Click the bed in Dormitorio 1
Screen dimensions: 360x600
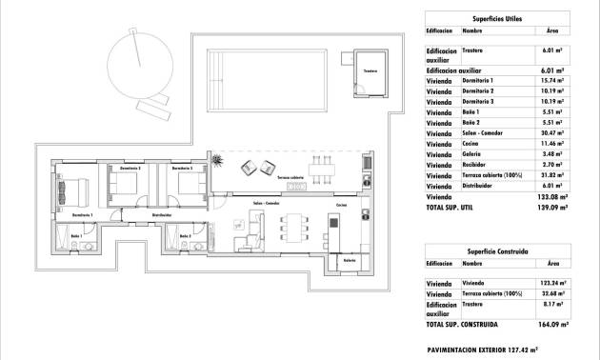[73, 190]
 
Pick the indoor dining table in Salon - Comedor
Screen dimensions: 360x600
[292, 229]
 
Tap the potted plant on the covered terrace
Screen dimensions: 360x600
[220, 157]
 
